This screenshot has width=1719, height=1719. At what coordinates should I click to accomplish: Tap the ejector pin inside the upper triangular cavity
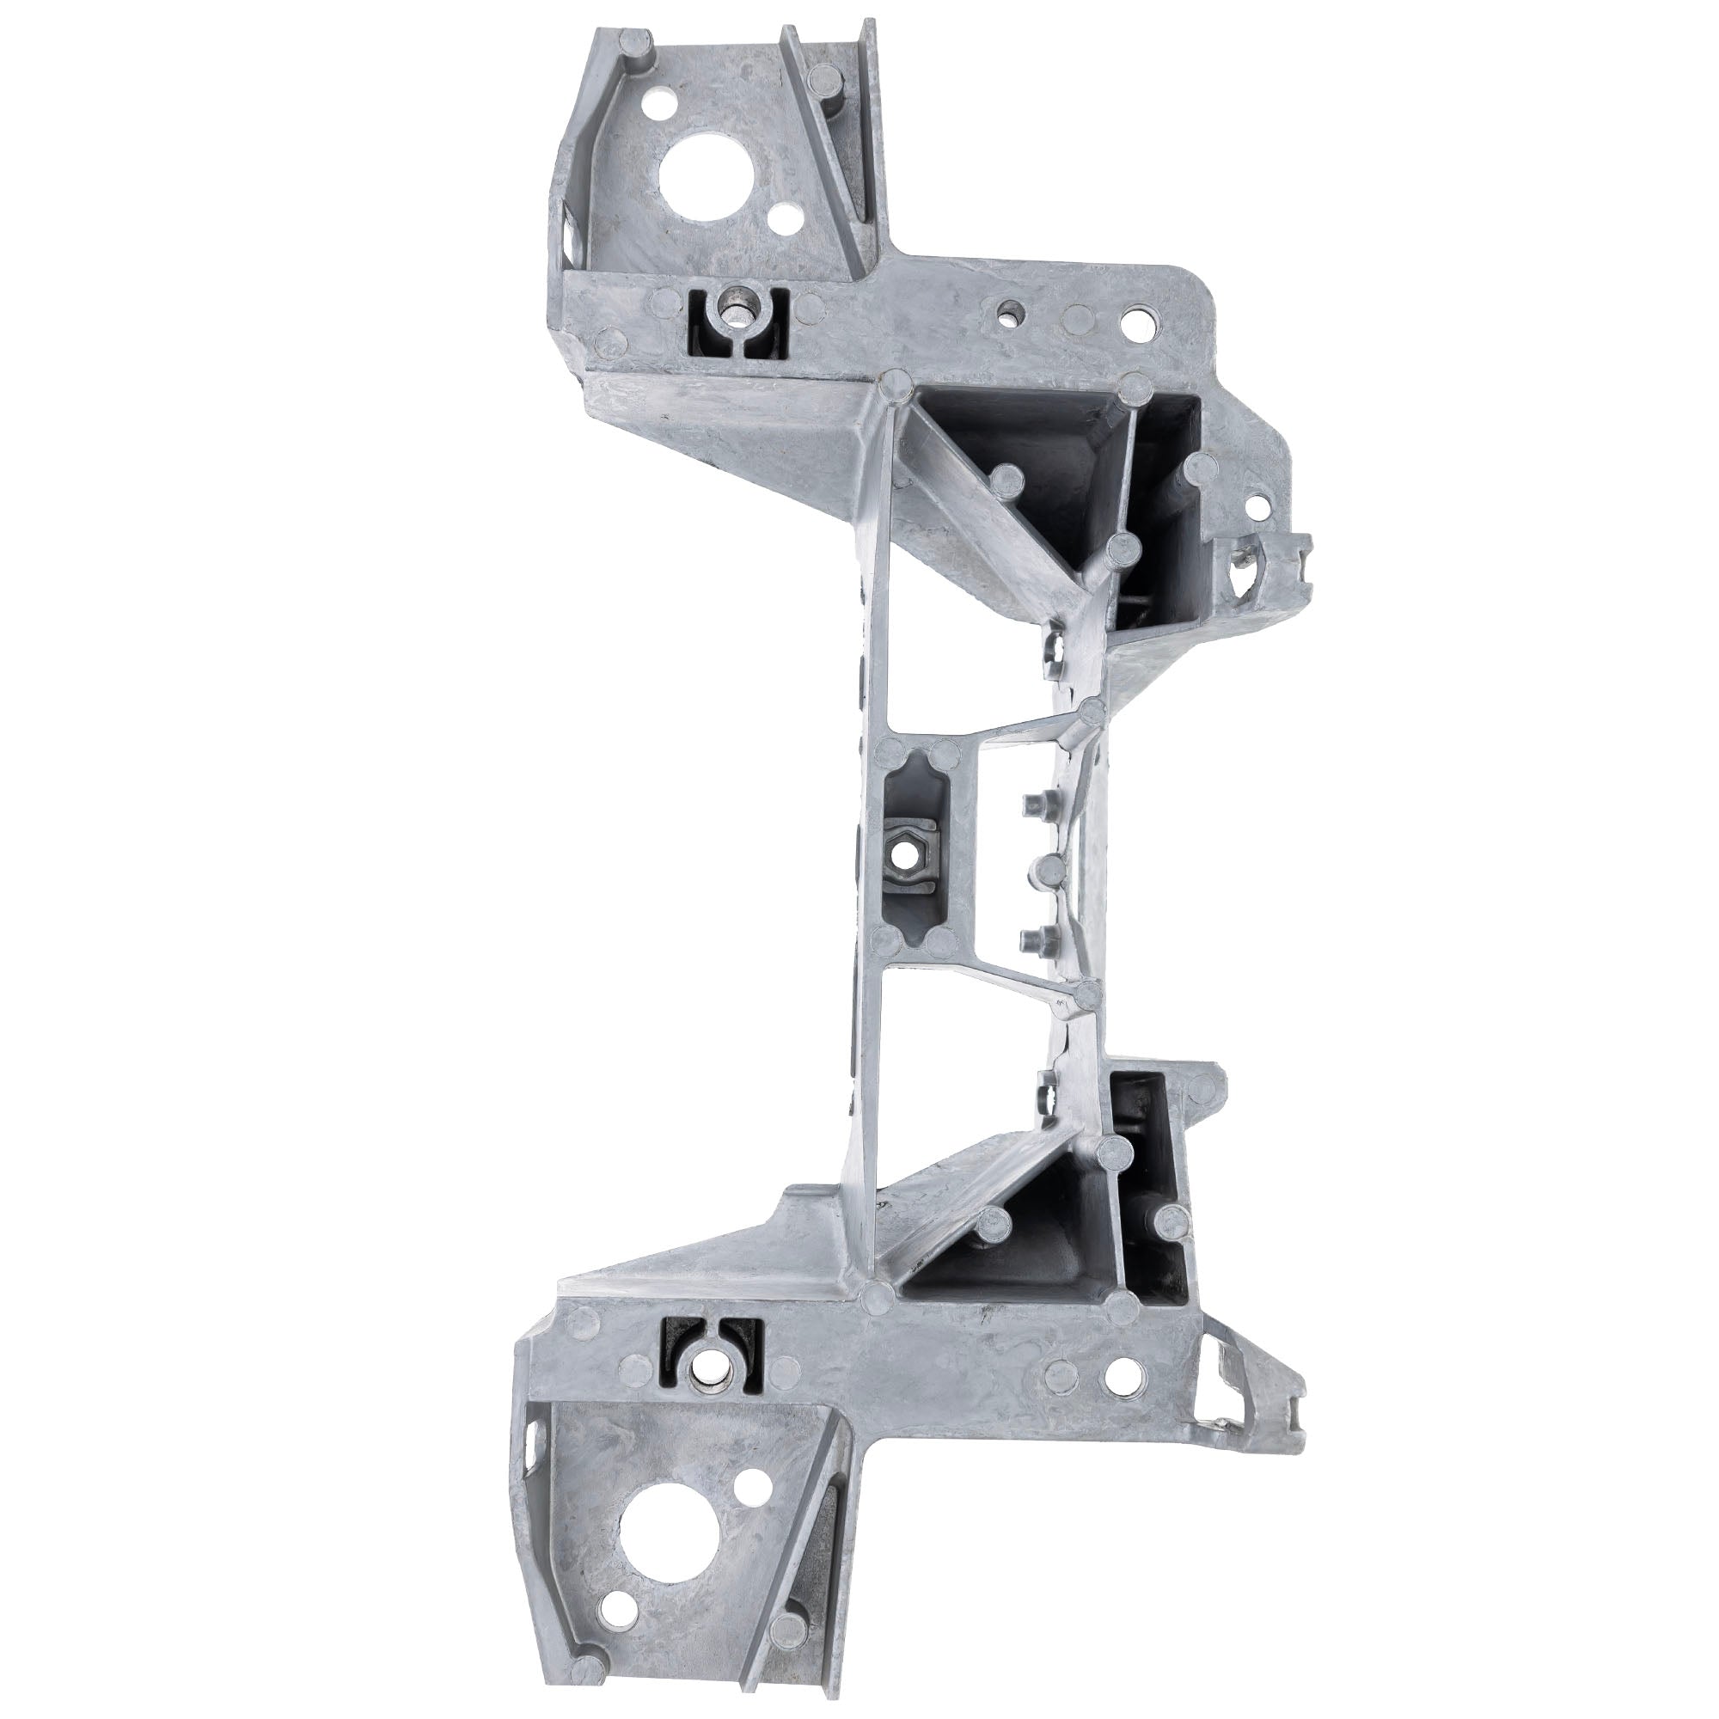(1007, 480)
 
